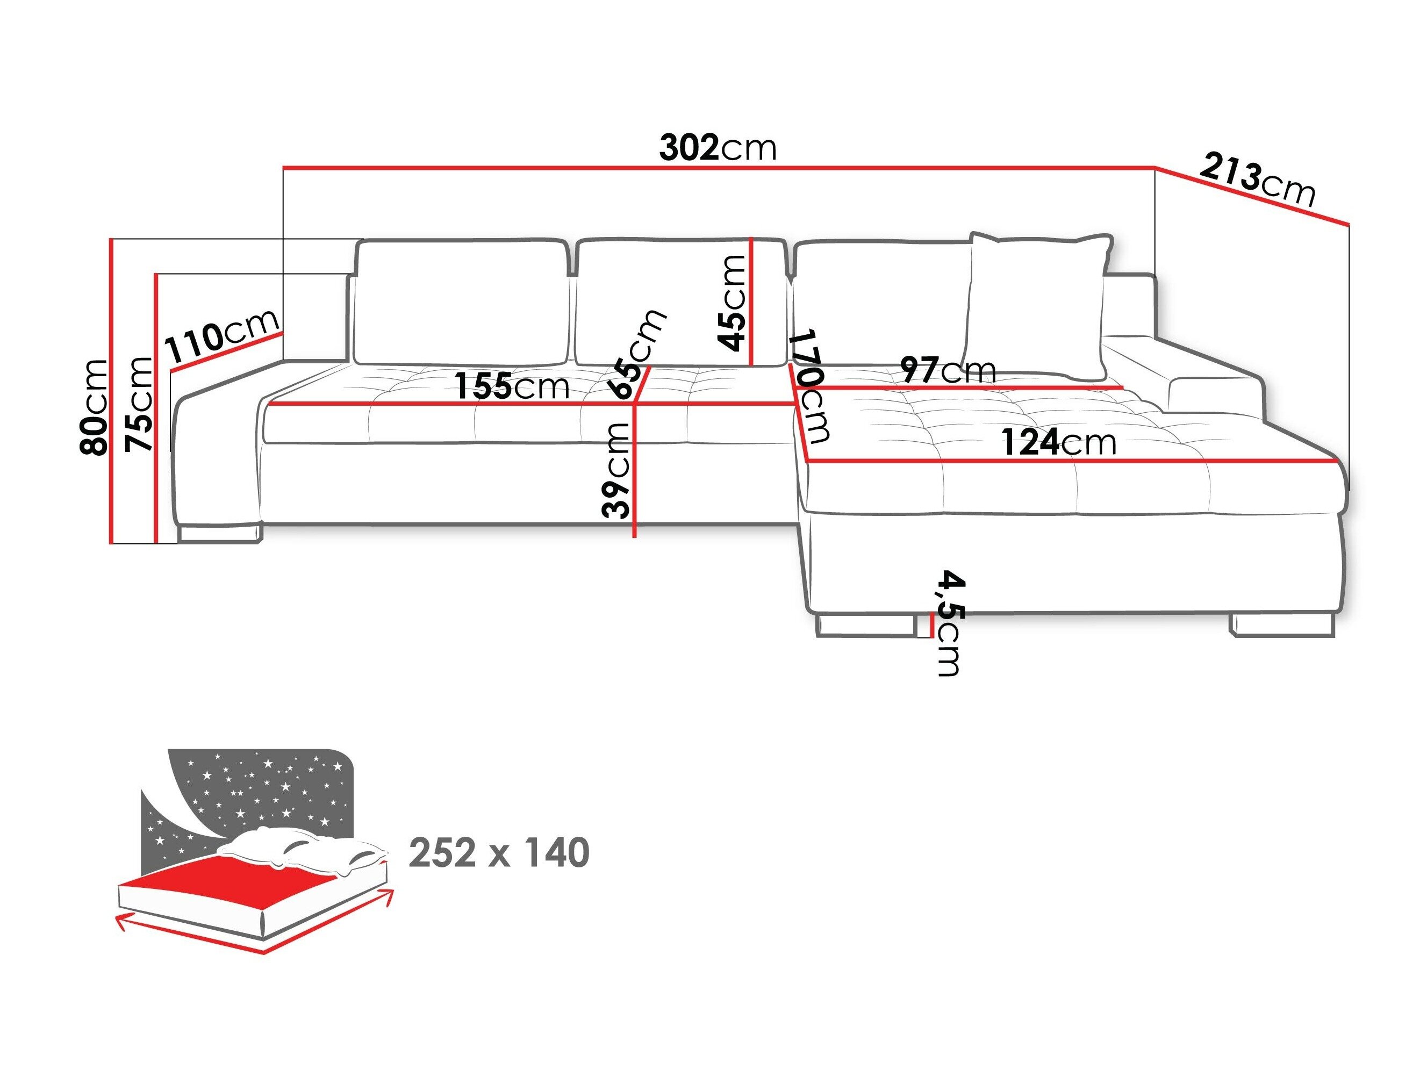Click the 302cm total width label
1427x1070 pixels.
(x=718, y=148)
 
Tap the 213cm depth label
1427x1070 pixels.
(x=1257, y=181)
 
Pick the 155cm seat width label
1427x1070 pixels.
(x=512, y=387)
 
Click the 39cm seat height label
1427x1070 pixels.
(x=615, y=471)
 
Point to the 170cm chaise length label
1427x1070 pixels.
(x=811, y=386)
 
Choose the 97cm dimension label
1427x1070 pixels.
(x=948, y=370)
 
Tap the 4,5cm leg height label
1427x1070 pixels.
(x=949, y=622)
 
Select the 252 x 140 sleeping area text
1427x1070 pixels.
(x=499, y=853)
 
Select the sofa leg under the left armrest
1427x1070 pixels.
(x=219, y=533)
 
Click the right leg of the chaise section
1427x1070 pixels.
(x=1281, y=625)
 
